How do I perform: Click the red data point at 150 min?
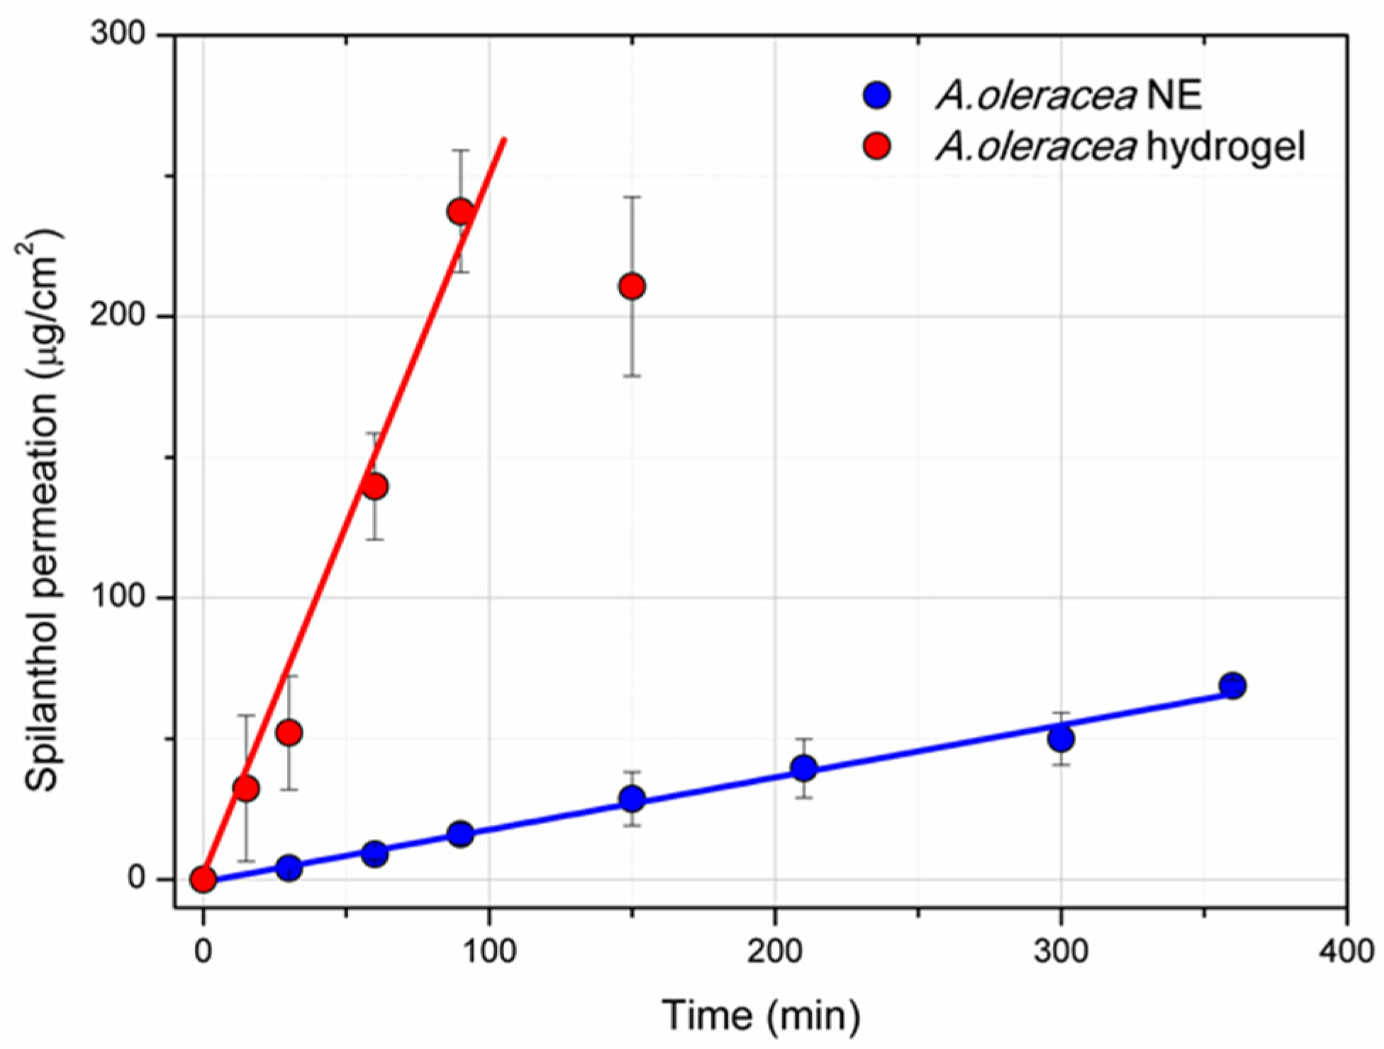(632, 287)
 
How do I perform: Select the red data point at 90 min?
(461, 211)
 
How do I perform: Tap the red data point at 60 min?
(374, 487)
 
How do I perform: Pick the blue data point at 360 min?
(1233, 686)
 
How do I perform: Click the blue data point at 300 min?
(1061, 739)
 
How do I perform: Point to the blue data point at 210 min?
(803, 768)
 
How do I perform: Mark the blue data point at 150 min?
(632, 799)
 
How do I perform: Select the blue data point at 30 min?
(289, 867)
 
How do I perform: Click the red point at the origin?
(203, 879)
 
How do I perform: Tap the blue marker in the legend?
(878, 95)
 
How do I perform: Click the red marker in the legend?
(878, 147)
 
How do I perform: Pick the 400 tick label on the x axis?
(1346, 951)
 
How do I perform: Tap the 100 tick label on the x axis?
(489, 951)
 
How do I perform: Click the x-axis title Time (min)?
(761, 1015)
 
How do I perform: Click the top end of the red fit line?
(504, 139)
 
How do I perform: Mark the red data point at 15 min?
(246, 788)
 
